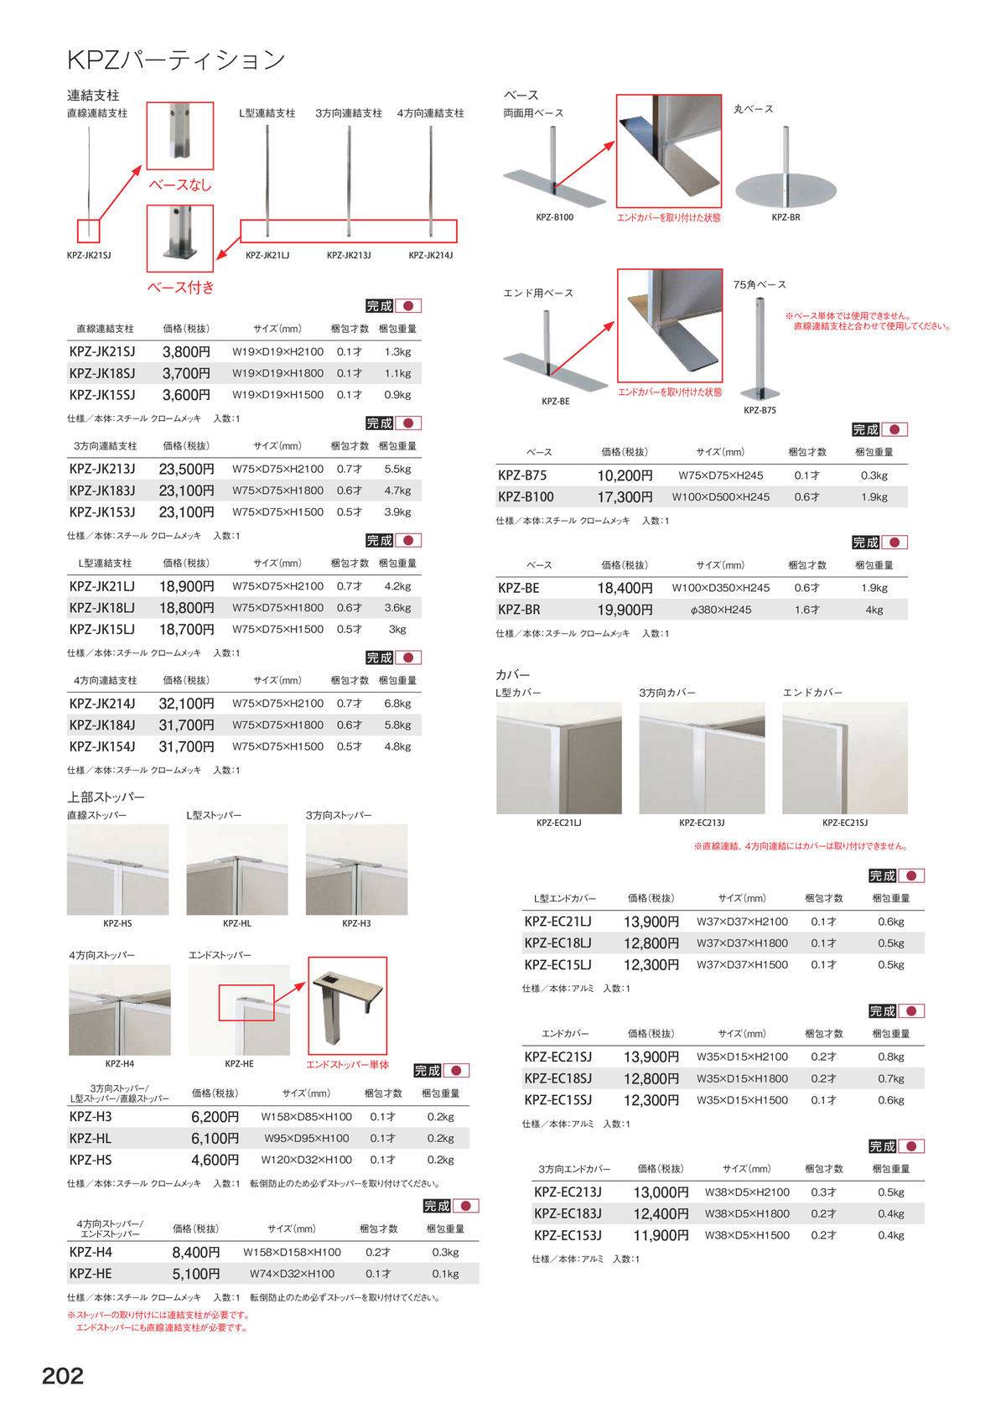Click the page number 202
tap(63, 1376)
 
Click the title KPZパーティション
tap(176, 60)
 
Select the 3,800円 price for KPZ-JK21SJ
tap(186, 352)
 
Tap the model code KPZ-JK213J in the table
tap(102, 470)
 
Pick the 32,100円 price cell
tap(186, 704)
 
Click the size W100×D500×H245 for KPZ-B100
tap(720, 497)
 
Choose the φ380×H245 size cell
tap(720, 610)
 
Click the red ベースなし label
tap(180, 185)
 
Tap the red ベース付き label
tap(180, 288)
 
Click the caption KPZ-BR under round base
tap(786, 217)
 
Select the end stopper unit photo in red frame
tap(348, 1005)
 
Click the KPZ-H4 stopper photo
tap(120, 1010)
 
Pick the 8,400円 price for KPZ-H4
tap(196, 1253)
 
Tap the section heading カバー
tap(513, 675)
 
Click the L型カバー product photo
tap(559, 758)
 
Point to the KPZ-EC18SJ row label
tap(557, 1079)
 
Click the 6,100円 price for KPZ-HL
tap(215, 1139)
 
